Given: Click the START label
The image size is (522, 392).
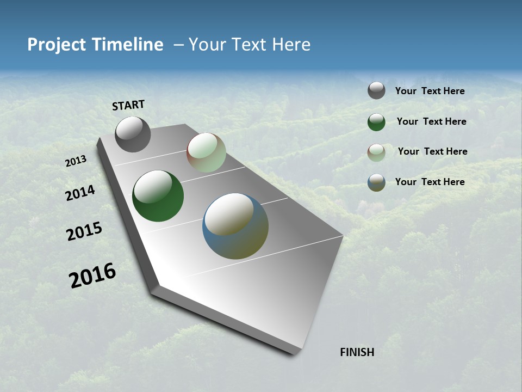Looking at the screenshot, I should [128, 105].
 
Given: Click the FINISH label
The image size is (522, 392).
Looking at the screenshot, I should [357, 352].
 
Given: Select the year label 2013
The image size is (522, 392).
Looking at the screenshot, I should [76, 161].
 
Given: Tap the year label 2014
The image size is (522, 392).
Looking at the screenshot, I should [80, 193].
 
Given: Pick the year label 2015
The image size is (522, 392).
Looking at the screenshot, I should [84, 231].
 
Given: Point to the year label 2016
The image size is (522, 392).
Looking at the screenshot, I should [93, 275].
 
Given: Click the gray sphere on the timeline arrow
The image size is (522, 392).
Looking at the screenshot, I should [133, 134].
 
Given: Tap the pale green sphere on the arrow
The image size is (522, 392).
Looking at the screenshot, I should [206, 152].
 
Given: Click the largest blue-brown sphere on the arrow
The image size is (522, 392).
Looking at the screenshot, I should [235, 226].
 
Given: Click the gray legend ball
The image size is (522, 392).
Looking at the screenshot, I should [376, 90].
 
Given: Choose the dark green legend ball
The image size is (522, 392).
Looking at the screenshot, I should [376, 122].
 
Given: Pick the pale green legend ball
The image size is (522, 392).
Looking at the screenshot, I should [376, 152].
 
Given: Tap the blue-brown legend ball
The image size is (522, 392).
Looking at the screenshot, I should [376, 182].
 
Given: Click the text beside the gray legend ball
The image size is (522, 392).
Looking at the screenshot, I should [430, 91].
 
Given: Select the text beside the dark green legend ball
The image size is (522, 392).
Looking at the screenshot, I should [431, 121].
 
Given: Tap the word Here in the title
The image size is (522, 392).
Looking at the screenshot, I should [291, 45].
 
